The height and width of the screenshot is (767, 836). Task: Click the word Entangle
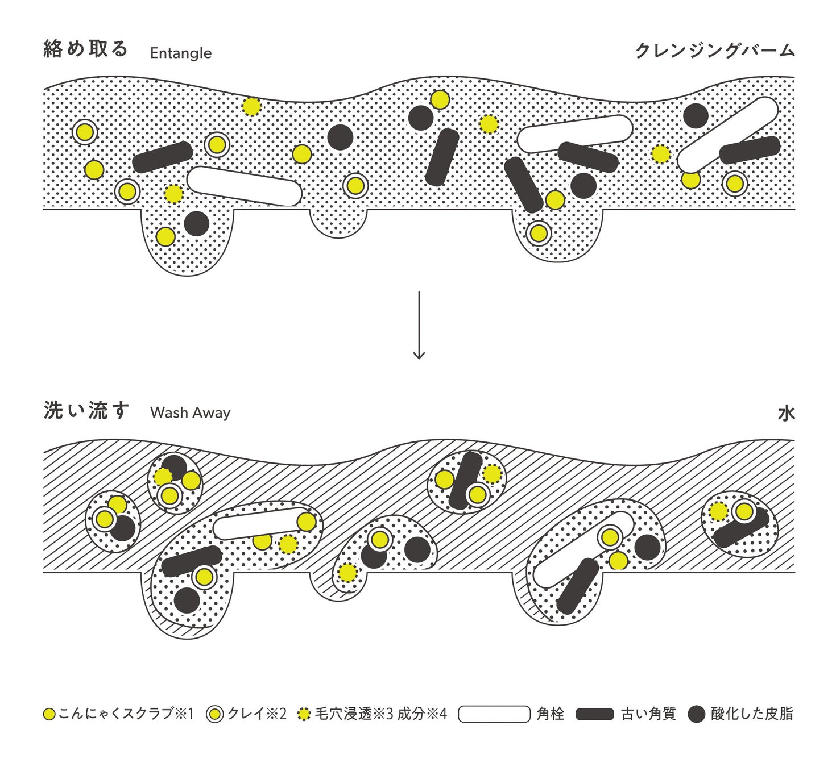coord(180,53)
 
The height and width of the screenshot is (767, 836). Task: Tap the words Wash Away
coord(190,412)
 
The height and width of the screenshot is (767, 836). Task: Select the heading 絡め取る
coord(86,49)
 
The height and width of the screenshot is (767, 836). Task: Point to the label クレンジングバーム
coord(714,51)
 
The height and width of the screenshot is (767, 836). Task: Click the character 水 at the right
coord(785,414)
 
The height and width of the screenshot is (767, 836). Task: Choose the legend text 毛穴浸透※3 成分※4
coord(381,714)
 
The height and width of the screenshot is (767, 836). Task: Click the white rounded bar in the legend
coord(494,714)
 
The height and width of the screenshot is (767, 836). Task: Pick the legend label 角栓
coord(550,714)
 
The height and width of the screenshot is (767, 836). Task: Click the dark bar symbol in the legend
coord(594,714)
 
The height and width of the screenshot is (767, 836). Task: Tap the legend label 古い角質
coord(648,714)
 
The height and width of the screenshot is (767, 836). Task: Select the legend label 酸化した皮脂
coord(751,714)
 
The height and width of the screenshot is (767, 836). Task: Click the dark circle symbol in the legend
coord(696,714)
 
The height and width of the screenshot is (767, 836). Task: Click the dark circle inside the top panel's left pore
coord(196,223)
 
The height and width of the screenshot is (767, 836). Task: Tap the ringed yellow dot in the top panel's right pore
coord(539,233)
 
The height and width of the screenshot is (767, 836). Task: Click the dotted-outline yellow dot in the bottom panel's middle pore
coord(347,573)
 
